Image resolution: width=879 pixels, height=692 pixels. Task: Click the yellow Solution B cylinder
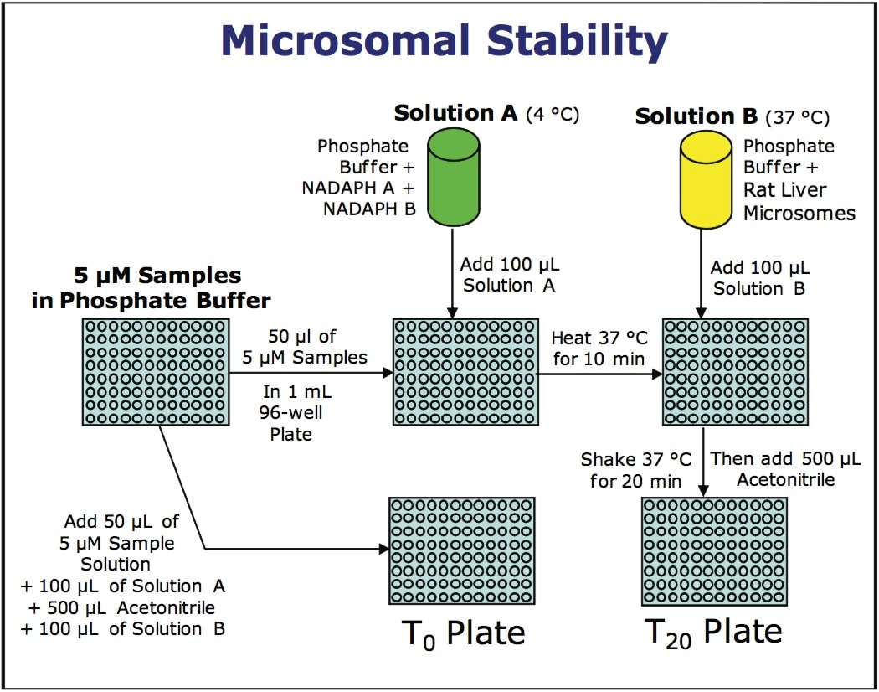pos(705,178)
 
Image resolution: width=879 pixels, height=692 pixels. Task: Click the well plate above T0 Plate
pos(462,550)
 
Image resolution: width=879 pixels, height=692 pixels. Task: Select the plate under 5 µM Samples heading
pos(155,373)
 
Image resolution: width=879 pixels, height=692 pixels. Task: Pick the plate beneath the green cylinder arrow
pos(465,373)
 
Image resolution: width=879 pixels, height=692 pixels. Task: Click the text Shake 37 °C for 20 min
pos(631,470)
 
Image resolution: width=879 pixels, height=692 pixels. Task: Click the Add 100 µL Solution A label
pos(509,275)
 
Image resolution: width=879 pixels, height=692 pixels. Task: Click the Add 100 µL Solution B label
pos(760,278)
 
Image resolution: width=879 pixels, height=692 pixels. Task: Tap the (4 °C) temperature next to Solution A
pos(552,114)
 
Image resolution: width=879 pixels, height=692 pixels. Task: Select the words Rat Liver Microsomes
pos(799,203)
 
